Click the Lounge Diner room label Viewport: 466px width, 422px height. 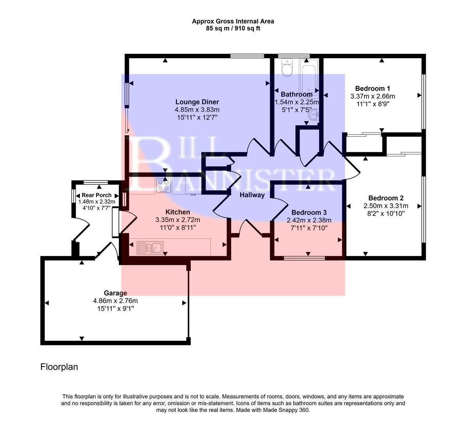(197, 102)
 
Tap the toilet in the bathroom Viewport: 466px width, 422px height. (287, 69)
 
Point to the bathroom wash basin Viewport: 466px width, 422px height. (314, 116)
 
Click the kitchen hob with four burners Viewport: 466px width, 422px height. (163, 186)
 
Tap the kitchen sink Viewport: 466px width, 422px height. (150, 247)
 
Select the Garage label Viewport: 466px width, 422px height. (115, 293)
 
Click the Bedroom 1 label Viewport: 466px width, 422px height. (373, 88)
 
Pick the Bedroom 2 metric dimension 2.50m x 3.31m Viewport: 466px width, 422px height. (386, 206)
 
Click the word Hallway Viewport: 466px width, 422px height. (252, 195)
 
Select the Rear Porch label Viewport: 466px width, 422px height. (97, 195)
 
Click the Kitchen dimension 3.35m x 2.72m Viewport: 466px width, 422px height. (177, 220)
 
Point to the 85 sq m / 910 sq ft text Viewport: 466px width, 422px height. (233, 29)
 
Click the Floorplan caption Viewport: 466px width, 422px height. (59, 367)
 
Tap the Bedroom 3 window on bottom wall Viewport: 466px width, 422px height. (304, 258)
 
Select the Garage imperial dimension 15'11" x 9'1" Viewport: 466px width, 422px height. (115, 308)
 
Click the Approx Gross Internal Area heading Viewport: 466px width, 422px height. (233, 21)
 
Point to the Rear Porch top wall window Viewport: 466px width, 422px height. (96, 182)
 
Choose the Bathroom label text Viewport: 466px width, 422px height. (297, 94)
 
